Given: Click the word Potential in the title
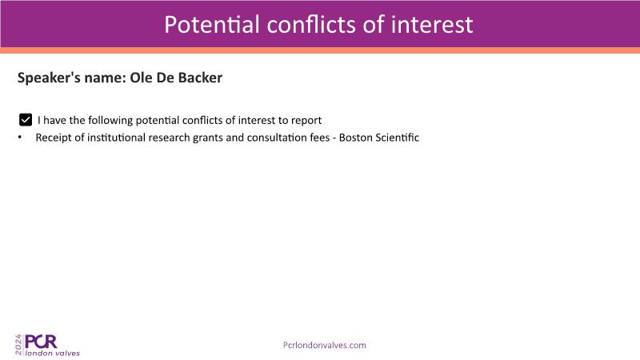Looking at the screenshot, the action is (212, 25).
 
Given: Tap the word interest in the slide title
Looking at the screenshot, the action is (432, 25).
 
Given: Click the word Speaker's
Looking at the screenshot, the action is (49, 78).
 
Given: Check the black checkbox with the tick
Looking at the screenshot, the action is (26, 119).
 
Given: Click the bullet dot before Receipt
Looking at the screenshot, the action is (19, 138).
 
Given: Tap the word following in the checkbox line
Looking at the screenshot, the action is (110, 121).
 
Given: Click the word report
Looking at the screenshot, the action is (306, 121).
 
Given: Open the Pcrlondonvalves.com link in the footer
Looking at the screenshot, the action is (325, 346).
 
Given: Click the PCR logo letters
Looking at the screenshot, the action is (41, 342).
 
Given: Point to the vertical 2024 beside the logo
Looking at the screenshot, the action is (18, 345).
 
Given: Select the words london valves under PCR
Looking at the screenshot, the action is (52, 353).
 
